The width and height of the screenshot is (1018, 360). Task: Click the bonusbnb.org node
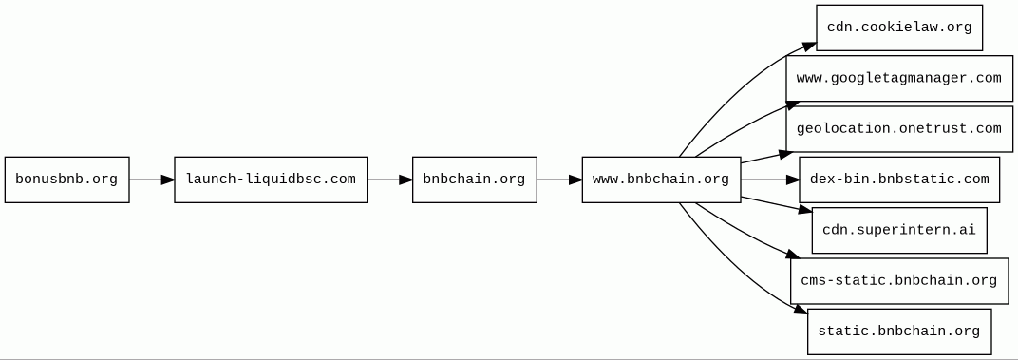pyautogui.click(x=66, y=180)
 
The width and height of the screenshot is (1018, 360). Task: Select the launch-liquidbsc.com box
pyautogui.click(x=271, y=180)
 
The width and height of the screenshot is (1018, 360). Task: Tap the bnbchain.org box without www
pyautogui.click(x=475, y=180)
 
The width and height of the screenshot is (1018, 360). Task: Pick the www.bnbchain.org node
pyautogui.click(x=661, y=180)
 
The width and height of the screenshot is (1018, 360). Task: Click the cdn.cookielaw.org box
pyautogui.click(x=899, y=28)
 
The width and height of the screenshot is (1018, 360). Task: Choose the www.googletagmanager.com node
pyautogui.click(x=899, y=78)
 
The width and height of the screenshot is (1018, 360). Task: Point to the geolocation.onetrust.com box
pyautogui.click(x=899, y=128)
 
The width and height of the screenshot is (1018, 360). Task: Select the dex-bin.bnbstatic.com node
pyautogui.click(x=899, y=180)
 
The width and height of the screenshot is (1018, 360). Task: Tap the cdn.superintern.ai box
pyautogui.click(x=899, y=230)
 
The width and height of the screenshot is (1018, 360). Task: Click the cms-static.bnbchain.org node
pyautogui.click(x=899, y=281)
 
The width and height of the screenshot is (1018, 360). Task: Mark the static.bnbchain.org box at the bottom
pyautogui.click(x=899, y=332)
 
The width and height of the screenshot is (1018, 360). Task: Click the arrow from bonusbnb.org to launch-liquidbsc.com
pyautogui.click(x=152, y=180)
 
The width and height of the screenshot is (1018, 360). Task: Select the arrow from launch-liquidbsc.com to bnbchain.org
pyautogui.click(x=389, y=180)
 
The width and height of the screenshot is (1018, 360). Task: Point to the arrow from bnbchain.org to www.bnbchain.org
pyautogui.click(x=559, y=180)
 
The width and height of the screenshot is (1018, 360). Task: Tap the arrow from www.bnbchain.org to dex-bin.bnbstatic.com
pyautogui.click(x=770, y=180)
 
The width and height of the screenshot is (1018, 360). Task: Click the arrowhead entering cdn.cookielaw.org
pyautogui.click(x=809, y=47)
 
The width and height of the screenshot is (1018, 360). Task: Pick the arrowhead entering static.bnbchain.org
pyautogui.click(x=801, y=312)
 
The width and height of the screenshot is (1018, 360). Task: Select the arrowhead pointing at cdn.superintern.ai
pyautogui.click(x=805, y=210)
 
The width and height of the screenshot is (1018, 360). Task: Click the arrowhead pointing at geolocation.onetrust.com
pyautogui.click(x=785, y=154)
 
